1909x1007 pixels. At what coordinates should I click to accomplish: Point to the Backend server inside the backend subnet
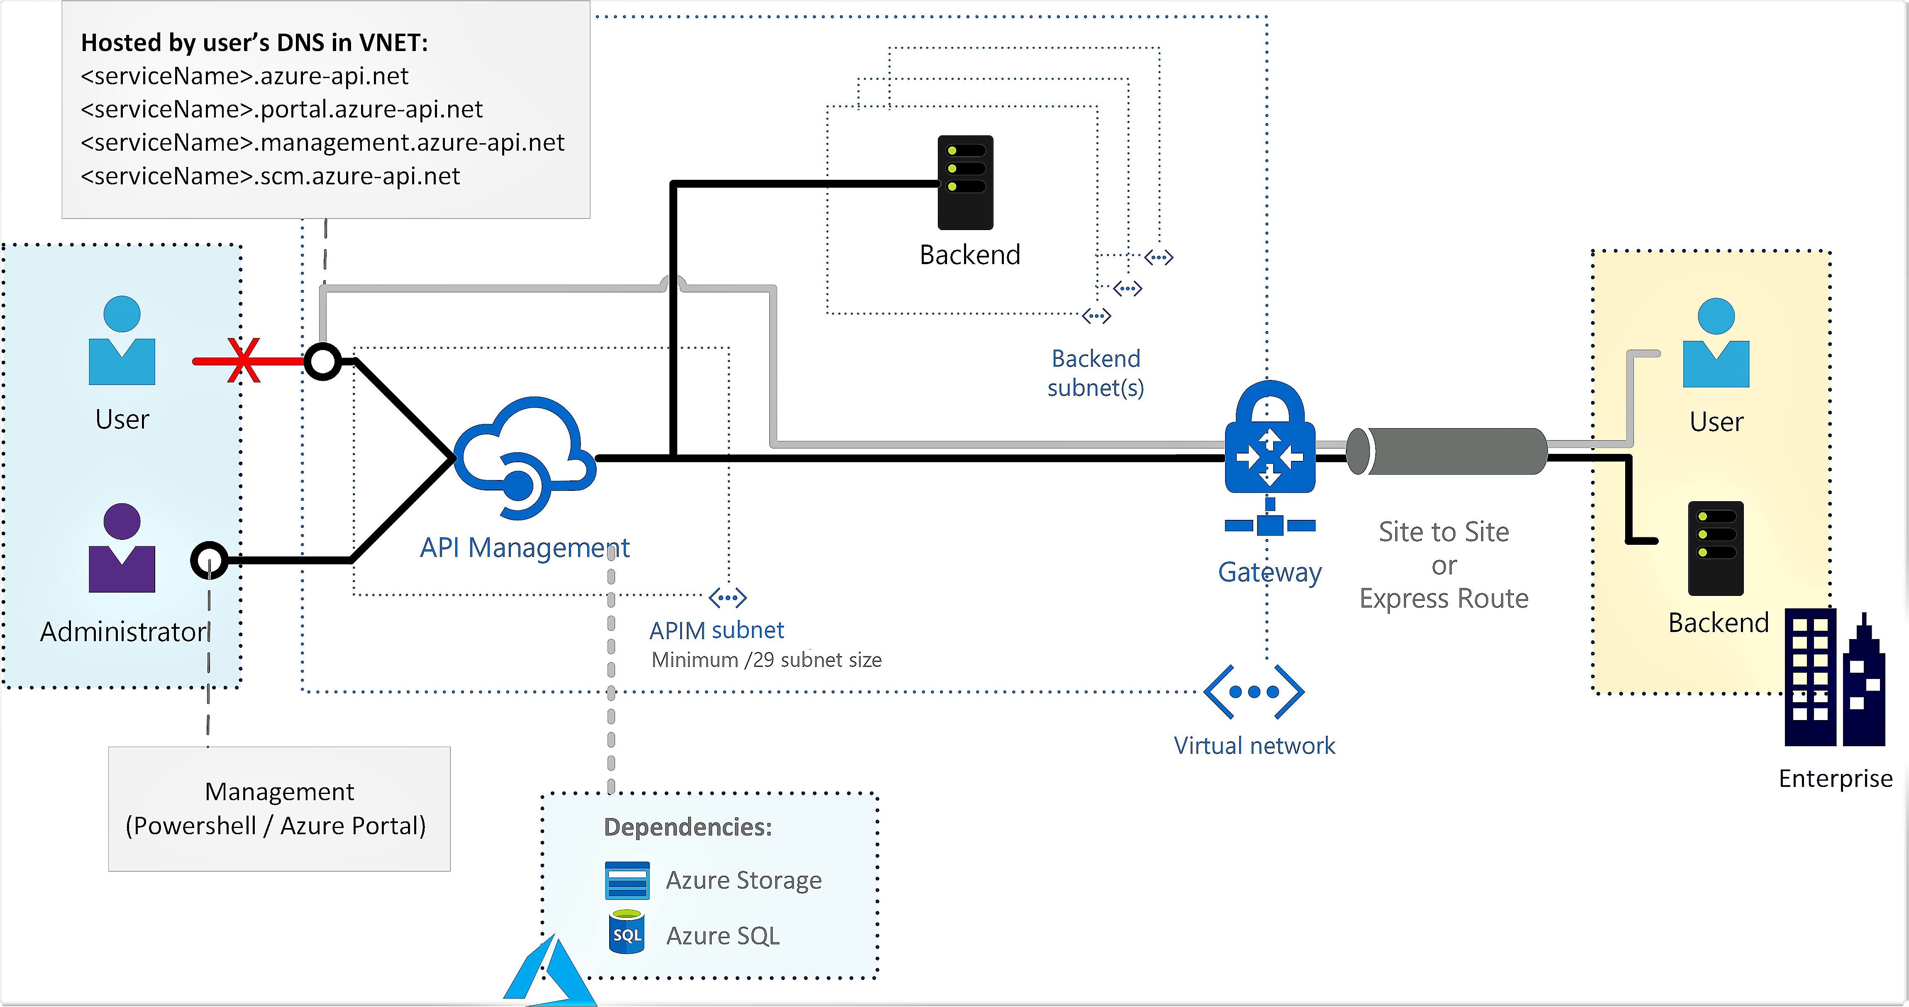965,182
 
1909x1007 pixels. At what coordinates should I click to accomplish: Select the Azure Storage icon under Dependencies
627,880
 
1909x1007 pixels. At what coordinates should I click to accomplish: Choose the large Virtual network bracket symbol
1254,692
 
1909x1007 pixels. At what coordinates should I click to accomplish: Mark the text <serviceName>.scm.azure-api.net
270,176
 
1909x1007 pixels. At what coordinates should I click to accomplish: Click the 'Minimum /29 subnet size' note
766,660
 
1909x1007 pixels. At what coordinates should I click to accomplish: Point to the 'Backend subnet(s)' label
1095,373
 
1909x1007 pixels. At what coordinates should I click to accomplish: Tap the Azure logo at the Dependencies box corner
549,971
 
